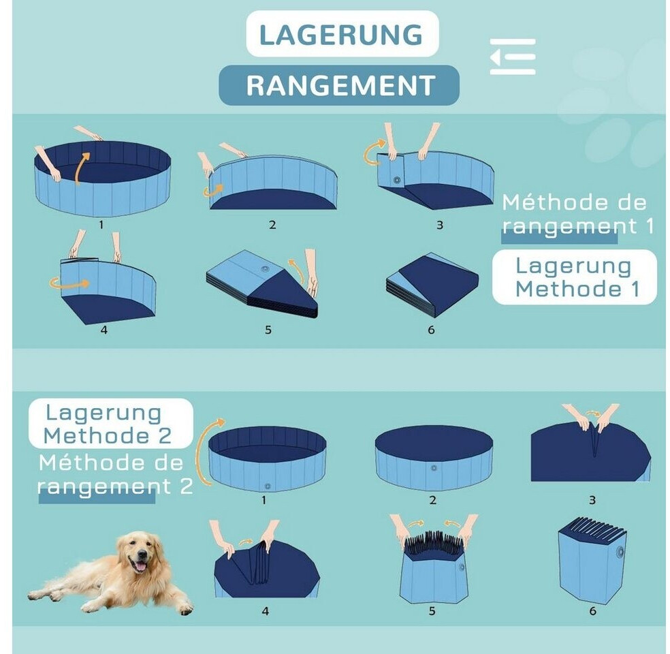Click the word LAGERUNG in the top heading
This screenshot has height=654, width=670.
pyautogui.click(x=341, y=35)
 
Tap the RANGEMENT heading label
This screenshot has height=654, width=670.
pyautogui.click(x=340, y=85)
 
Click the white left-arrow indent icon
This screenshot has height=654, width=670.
pyautogui.click(x=512, y=57)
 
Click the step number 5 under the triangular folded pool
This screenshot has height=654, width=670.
pyautogui.click(x=268, y=330)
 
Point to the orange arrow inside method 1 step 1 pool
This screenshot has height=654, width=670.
pyautogui.click(x=82, y=168)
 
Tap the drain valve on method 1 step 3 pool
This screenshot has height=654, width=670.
pyautogui.click(x=397, y=180)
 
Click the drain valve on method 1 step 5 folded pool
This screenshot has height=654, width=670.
pyautogui.click(x=264, y=270)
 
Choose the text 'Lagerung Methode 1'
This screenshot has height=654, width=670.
pyautogui.click(x=574, y=277)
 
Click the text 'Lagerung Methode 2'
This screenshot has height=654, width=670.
pyautogui.click(x=108, y=424)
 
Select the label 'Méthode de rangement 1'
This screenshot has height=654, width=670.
pyautogui.click(x=577, y=214)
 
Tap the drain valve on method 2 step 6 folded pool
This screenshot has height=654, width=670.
pyautogui.click(x=620, y=552)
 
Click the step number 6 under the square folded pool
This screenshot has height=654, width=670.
pyautogui.click(x=431, y=330)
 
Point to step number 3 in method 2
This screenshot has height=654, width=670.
pyautogui.click(x=592, y=499)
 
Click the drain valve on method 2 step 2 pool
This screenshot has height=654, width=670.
pyautogui.click(x=434, y=468)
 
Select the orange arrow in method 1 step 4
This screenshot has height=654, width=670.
pyautogui.click(x=70, y=283)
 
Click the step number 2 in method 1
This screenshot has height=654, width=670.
pyautogui.click(x=272, y=225)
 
